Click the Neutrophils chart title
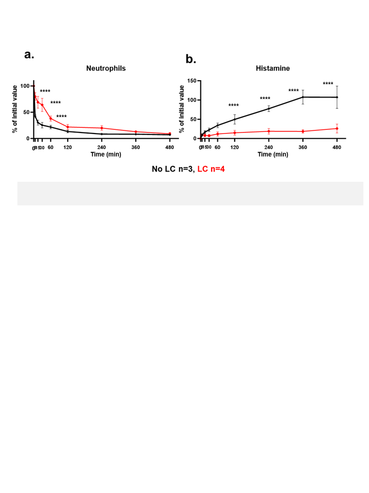pyautogui.click(x=106, y=68)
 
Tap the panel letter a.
pyautogui.click(x=29, y=55)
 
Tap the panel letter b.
pyautogui.click(x=191, y=60)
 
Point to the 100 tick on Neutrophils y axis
pyautogui.click(x=25, y=86)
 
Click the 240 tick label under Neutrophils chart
pyautogui.click(x=101, y=147)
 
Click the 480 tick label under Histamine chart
pyautogui.click(x=337, y=147)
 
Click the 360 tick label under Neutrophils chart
pyautogui.click(x=136, y=147)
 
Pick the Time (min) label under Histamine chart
pyautogui.click(x=272, y=154)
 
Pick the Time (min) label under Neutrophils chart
pyautogui.click(x=106, y=154)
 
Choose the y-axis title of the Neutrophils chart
pyautogui.click(x=15, y=109)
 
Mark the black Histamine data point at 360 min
pyautogui.click(x=303, y=97)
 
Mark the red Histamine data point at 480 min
pyautogui.click(x=337, y=128)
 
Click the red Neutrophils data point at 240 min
pyautogui.click(x=101, y=128)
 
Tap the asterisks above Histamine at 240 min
pyautogui.click(x=265, y=99)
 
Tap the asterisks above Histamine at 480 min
pyautogui.click(x=328, y=84)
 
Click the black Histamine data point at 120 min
pyautogui.click(x=235, y=120)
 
